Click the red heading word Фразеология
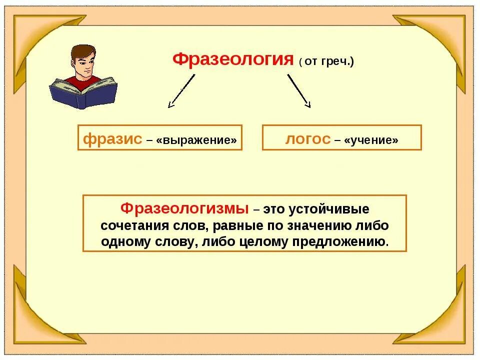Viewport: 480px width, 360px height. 232,59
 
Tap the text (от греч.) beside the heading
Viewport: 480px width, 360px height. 326,61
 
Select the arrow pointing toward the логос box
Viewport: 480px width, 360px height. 299,91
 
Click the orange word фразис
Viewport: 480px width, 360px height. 112,139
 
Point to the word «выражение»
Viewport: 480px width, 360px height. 196,140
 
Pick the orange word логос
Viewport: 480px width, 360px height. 307,139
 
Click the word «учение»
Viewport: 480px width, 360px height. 371,140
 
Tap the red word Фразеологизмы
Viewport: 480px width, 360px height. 185,207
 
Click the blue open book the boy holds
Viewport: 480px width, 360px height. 83,93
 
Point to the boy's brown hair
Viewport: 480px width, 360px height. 82,51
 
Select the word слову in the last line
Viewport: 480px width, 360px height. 173,241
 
